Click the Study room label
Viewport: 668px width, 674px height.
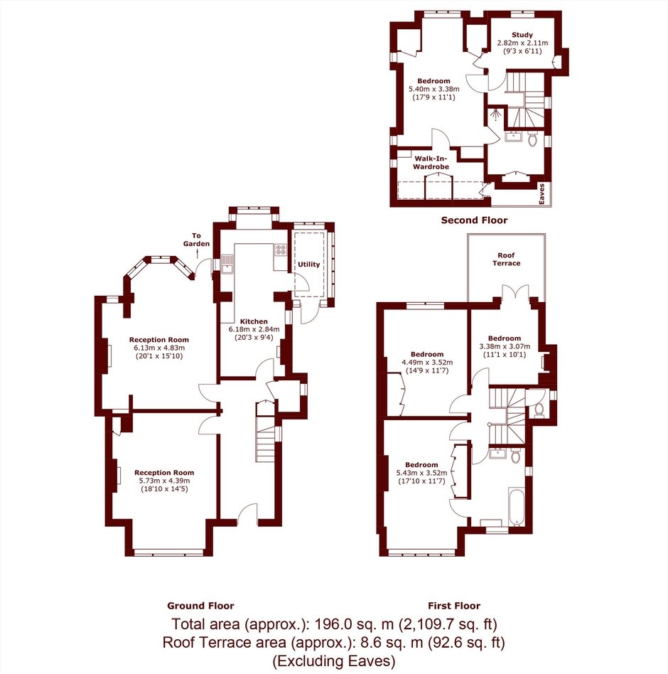pyautogui.click(x=522, y=35)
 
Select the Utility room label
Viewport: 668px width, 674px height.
pyautogui.click(x=309, y=264)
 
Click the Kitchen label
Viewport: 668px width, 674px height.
pyautogui.click(x=254, y=321)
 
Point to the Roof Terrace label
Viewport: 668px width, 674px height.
pyautogui.click(x=506, y=260)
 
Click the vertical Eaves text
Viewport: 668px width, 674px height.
pyautogui.click(x=542, y=194)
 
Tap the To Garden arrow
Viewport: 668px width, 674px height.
pyautogui.click(x=197, y=253)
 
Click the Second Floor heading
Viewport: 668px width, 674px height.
pyautogui.click(x=474, y=220)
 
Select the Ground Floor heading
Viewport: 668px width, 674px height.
pyautogui.click(x=200, y=606)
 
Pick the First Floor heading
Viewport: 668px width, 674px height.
pyautogui.click(x=454, y=606)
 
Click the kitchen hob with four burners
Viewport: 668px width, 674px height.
pyautogui.click(x=281, y=250)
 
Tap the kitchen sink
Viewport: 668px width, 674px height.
pyautogui.click(x=227, y=264)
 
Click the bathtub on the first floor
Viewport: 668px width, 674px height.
pyautogui.click(x=516, y=507)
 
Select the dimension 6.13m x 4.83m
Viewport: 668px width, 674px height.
pyautogui.click(x=159, y=348)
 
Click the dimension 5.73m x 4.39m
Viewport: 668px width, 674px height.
pyautogui.click(x=164, y=481)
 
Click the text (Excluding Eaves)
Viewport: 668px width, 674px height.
pyautogui.click(x=334, y=660)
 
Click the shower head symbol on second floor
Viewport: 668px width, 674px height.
pyautogui.click(x=496, y=114)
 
